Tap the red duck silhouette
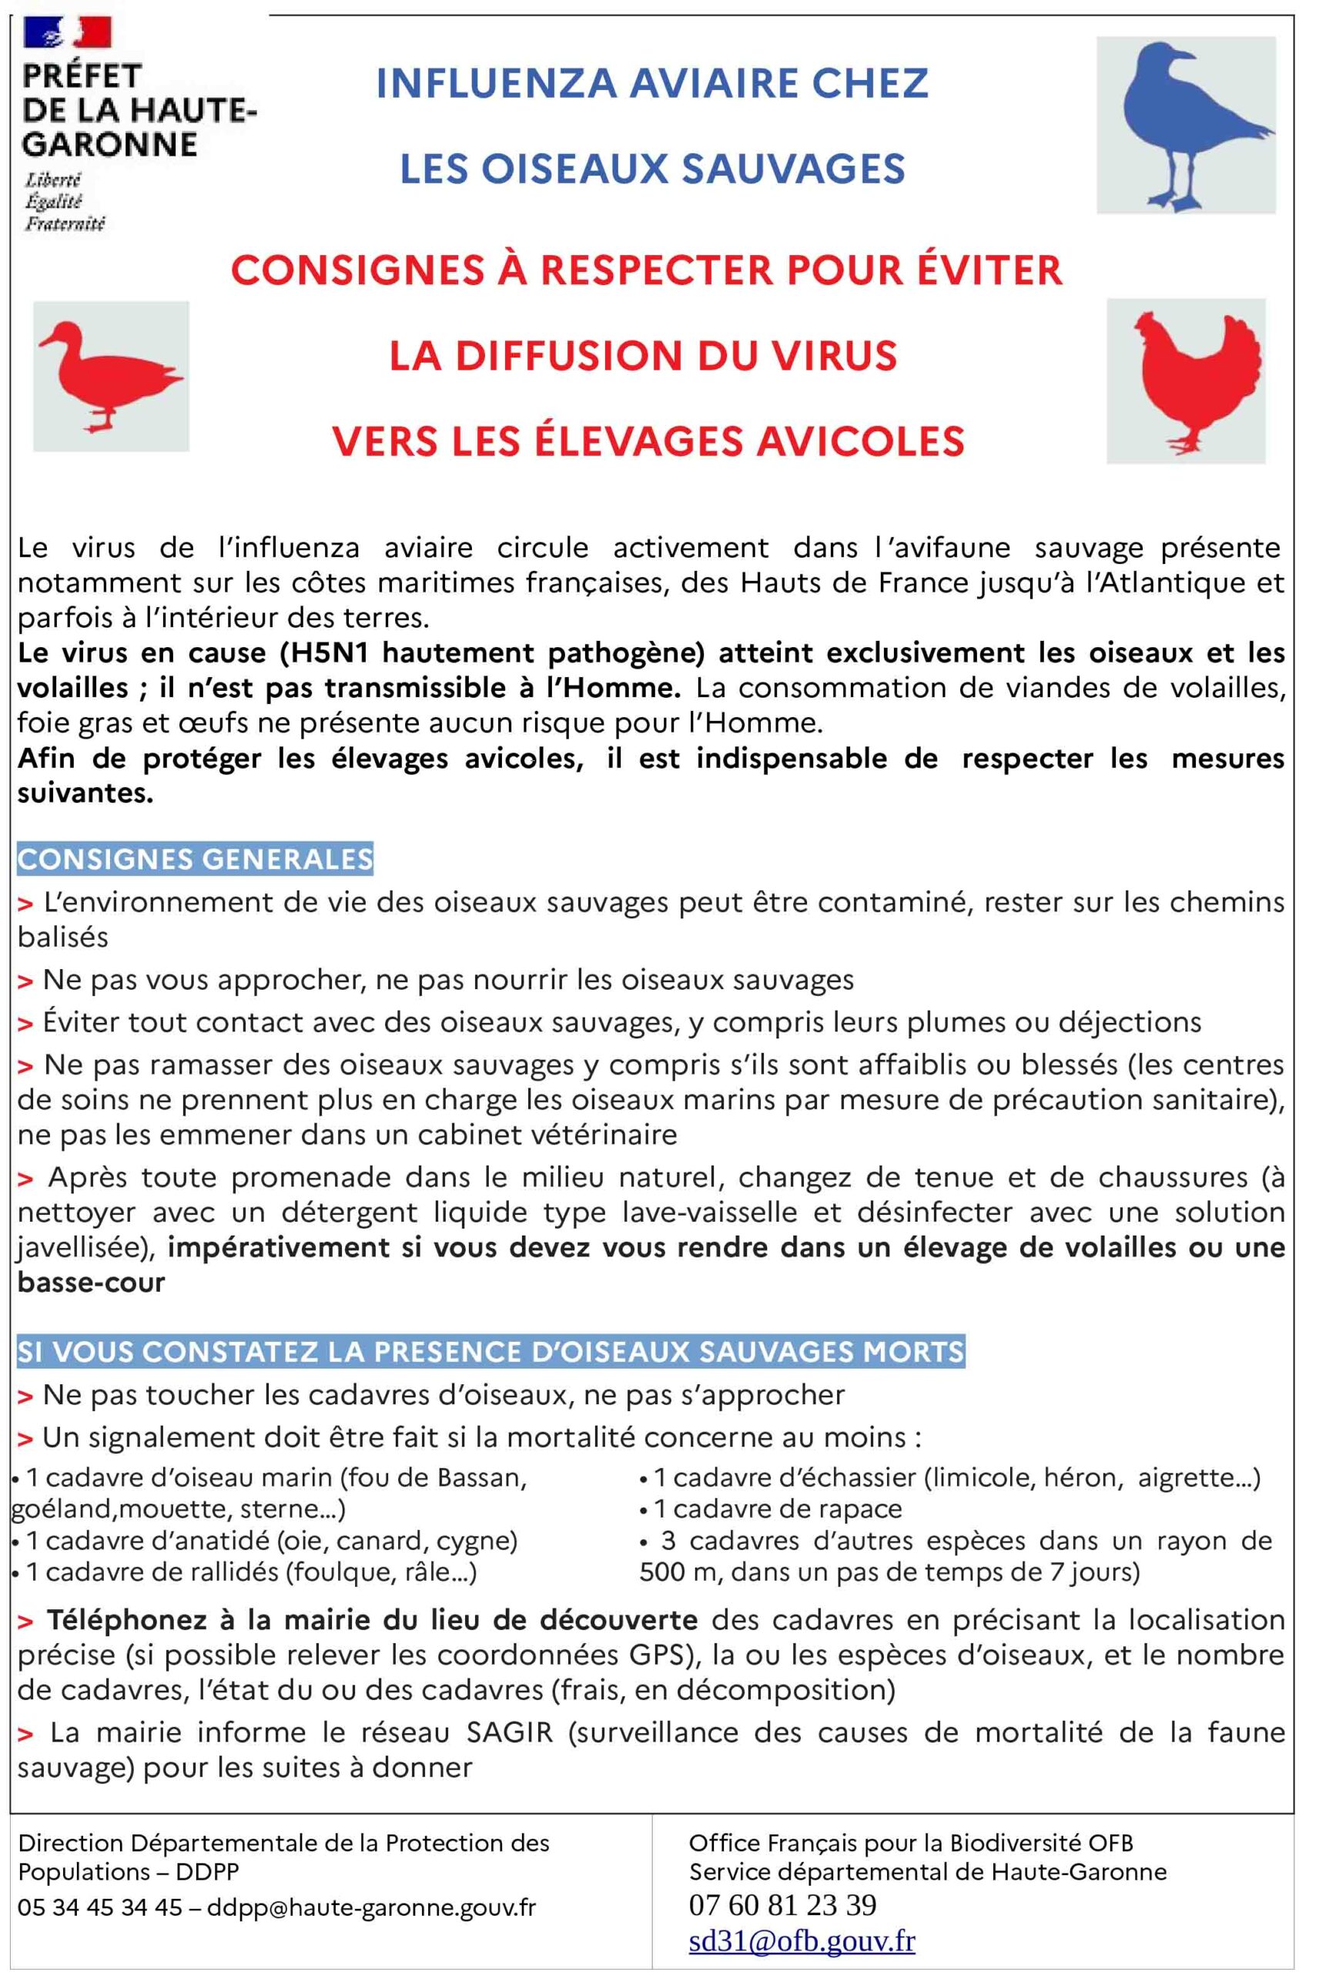point(106,374)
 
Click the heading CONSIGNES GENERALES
point(195,860)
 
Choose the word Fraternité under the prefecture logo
point(65,224)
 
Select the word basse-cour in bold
point(92,1283)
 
